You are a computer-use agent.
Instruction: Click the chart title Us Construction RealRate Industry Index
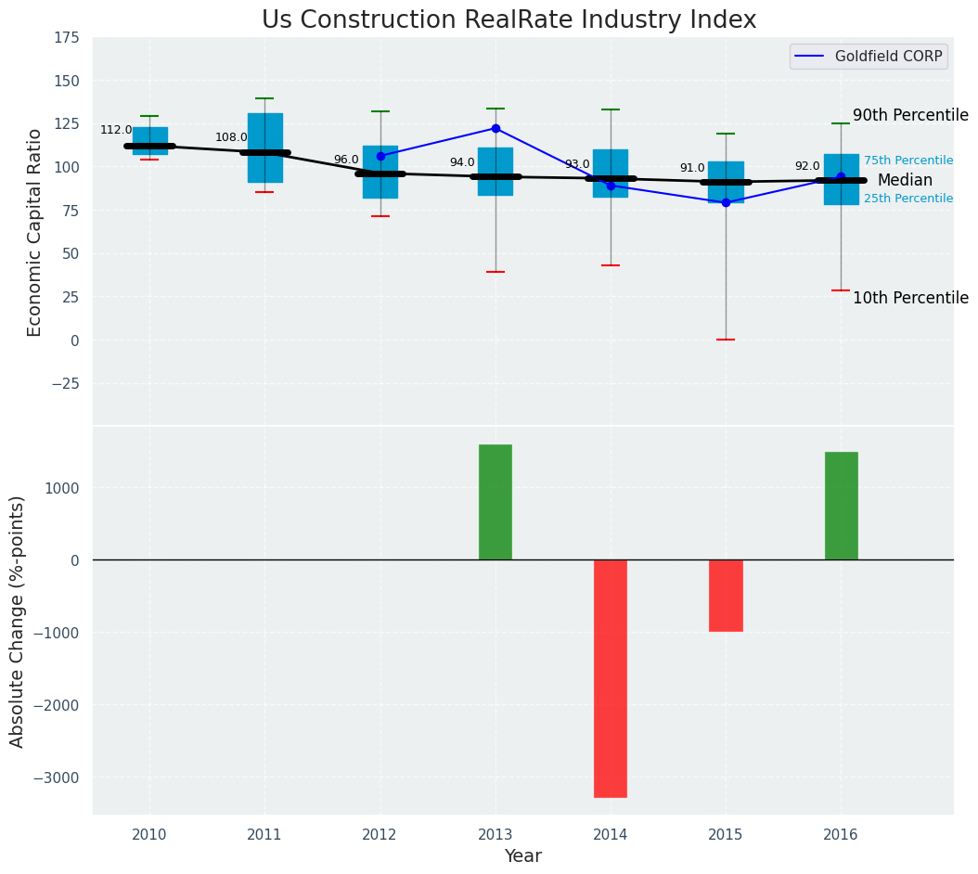tap(508, 20)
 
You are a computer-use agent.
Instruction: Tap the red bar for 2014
tap(611, 678)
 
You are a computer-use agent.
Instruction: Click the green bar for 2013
tap(495, 502)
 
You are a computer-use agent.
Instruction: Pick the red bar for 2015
tap(726, 596)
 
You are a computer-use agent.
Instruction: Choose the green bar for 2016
tap(841, 506)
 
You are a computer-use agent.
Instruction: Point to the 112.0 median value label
tap(116, 131)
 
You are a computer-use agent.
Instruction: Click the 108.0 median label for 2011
tap(231, 138)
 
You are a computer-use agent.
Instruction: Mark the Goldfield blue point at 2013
tap(495, 128)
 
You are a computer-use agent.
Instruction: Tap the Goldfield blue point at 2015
tap(726, 202)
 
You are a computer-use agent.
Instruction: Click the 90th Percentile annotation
tap(910, 116)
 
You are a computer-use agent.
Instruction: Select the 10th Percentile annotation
tap(910, 298)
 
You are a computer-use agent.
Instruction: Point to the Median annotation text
tap(905, 181)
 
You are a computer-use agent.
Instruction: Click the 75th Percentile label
tap(908, 161)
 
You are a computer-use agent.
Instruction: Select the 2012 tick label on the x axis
tap(380, 835)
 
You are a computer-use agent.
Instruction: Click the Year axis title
tap(522, 856)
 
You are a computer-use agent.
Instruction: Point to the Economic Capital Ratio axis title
tap(35, 232)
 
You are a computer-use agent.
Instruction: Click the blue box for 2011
tap(264, 148)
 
